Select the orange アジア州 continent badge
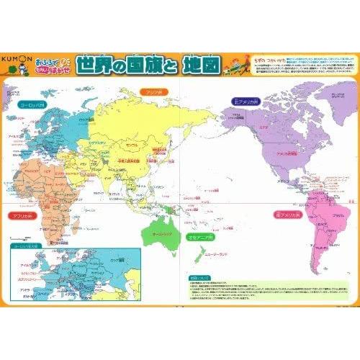pyautogui.click(x=153, y=91)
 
